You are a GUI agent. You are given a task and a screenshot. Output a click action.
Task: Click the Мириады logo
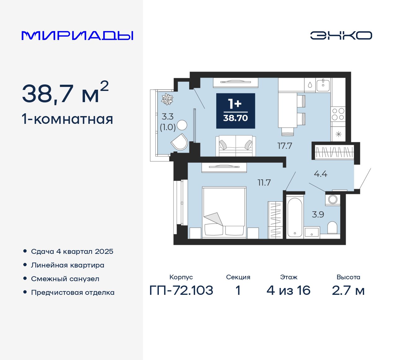tap(77, 35)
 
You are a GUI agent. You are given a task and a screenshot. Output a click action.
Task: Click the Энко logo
tap(341, 35)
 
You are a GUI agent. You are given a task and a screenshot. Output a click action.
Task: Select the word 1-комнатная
tap(67, 119)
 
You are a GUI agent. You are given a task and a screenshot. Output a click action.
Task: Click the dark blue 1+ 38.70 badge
tap(235, 111)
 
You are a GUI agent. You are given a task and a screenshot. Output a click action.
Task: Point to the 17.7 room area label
tap(284, 146)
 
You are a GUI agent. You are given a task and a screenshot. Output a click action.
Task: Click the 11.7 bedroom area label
tap(264, 182)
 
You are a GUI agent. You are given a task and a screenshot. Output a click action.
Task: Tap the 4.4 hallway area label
tap(320, 174)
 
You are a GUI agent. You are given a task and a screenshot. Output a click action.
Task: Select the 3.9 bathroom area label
tap(318, 214)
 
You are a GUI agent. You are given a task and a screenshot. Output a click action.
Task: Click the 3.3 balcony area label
tap(167, 117)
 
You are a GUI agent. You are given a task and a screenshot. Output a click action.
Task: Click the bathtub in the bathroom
tap(294, 217)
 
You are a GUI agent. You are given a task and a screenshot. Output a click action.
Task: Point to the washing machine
tap(333, 199)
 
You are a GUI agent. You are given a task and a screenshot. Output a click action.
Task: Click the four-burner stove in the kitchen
tap(338, 114)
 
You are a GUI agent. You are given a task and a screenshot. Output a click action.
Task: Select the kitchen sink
tap(323, 84)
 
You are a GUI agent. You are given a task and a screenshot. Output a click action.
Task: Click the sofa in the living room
tap(235, 146)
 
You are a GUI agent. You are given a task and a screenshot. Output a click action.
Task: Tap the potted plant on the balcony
tap(167, 99)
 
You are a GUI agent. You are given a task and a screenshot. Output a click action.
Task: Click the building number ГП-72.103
tap(181, 290)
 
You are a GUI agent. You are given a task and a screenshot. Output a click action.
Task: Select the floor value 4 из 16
tap(288, 290)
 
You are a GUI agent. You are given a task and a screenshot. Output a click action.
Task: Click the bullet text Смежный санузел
tap(65, 279)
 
